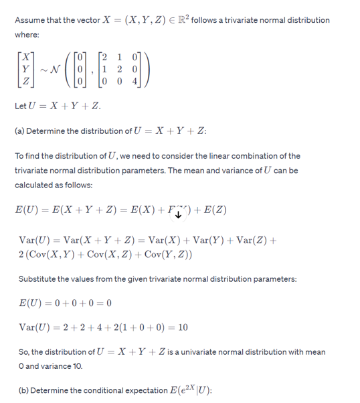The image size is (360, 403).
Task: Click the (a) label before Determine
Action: (20, 131)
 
